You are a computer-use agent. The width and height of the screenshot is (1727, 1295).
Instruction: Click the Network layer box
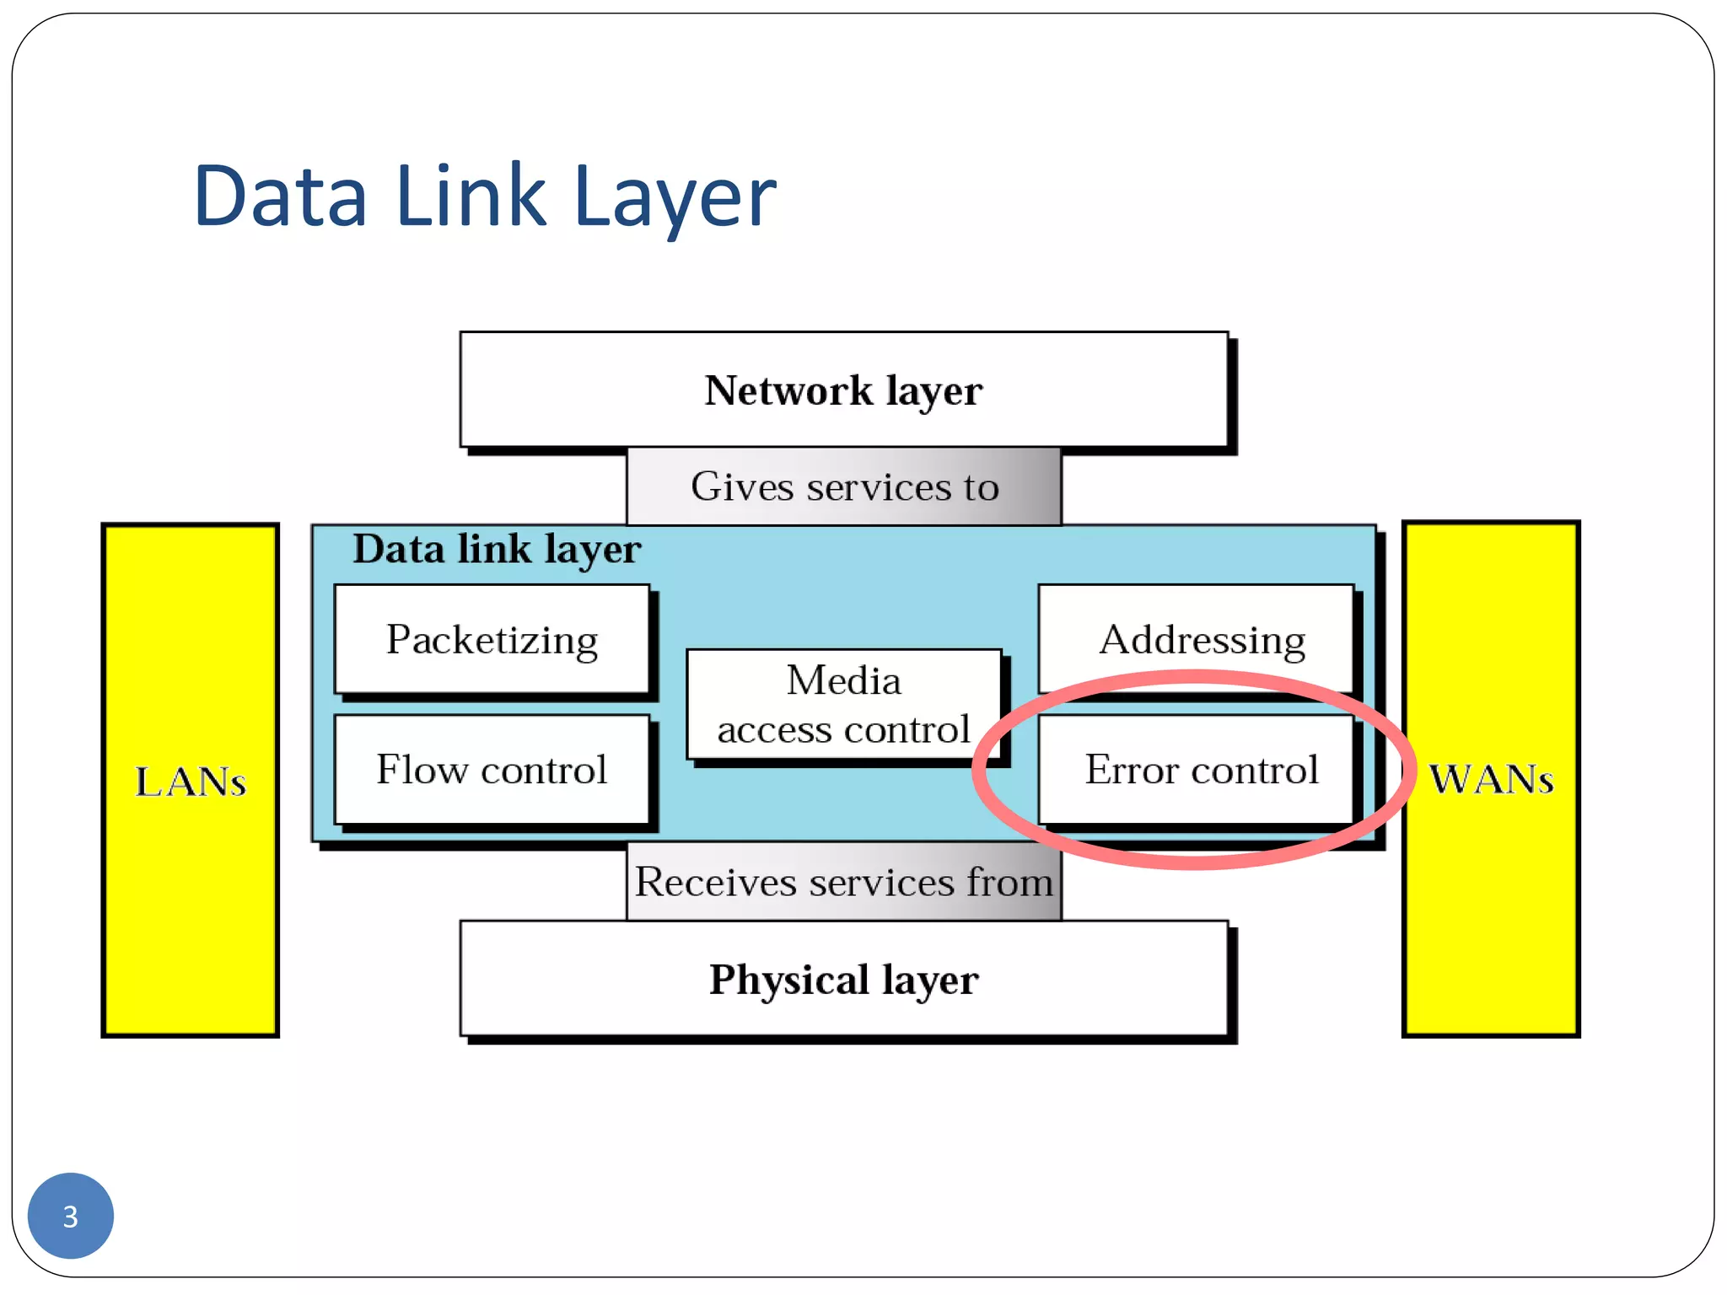click(x=843, y=390)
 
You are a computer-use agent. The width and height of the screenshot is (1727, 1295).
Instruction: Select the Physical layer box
click(x=843, y=979)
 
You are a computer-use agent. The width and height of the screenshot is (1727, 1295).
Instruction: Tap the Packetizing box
click(x=492, y=639)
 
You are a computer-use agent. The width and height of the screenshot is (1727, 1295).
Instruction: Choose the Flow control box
click(x=492, y=769)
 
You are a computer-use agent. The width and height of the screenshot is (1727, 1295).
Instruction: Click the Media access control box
click(x=843, y=705)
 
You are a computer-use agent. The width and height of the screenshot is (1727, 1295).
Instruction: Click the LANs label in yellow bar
click(x=190, y=782)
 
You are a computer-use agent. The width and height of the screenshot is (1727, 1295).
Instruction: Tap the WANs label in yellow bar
click(x=1490, y=779)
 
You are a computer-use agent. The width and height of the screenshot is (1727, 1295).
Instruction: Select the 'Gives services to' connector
click(x=843, y=486)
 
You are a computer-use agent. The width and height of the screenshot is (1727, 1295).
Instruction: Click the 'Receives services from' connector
click(x=843, y=882)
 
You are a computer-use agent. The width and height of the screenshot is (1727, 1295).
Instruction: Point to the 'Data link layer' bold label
click(x=497, y=550)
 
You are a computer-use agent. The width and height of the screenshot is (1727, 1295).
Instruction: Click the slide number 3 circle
click(x=70, y=1215)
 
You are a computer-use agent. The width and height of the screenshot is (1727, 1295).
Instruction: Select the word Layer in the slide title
click(x=674, y=197)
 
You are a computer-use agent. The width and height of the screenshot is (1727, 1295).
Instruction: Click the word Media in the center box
click(x=843, y=680)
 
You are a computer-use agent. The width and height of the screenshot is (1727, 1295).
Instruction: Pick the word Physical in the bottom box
click(x=788, y=980)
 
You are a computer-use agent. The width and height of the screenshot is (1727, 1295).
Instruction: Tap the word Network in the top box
click(x=788, y=390)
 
